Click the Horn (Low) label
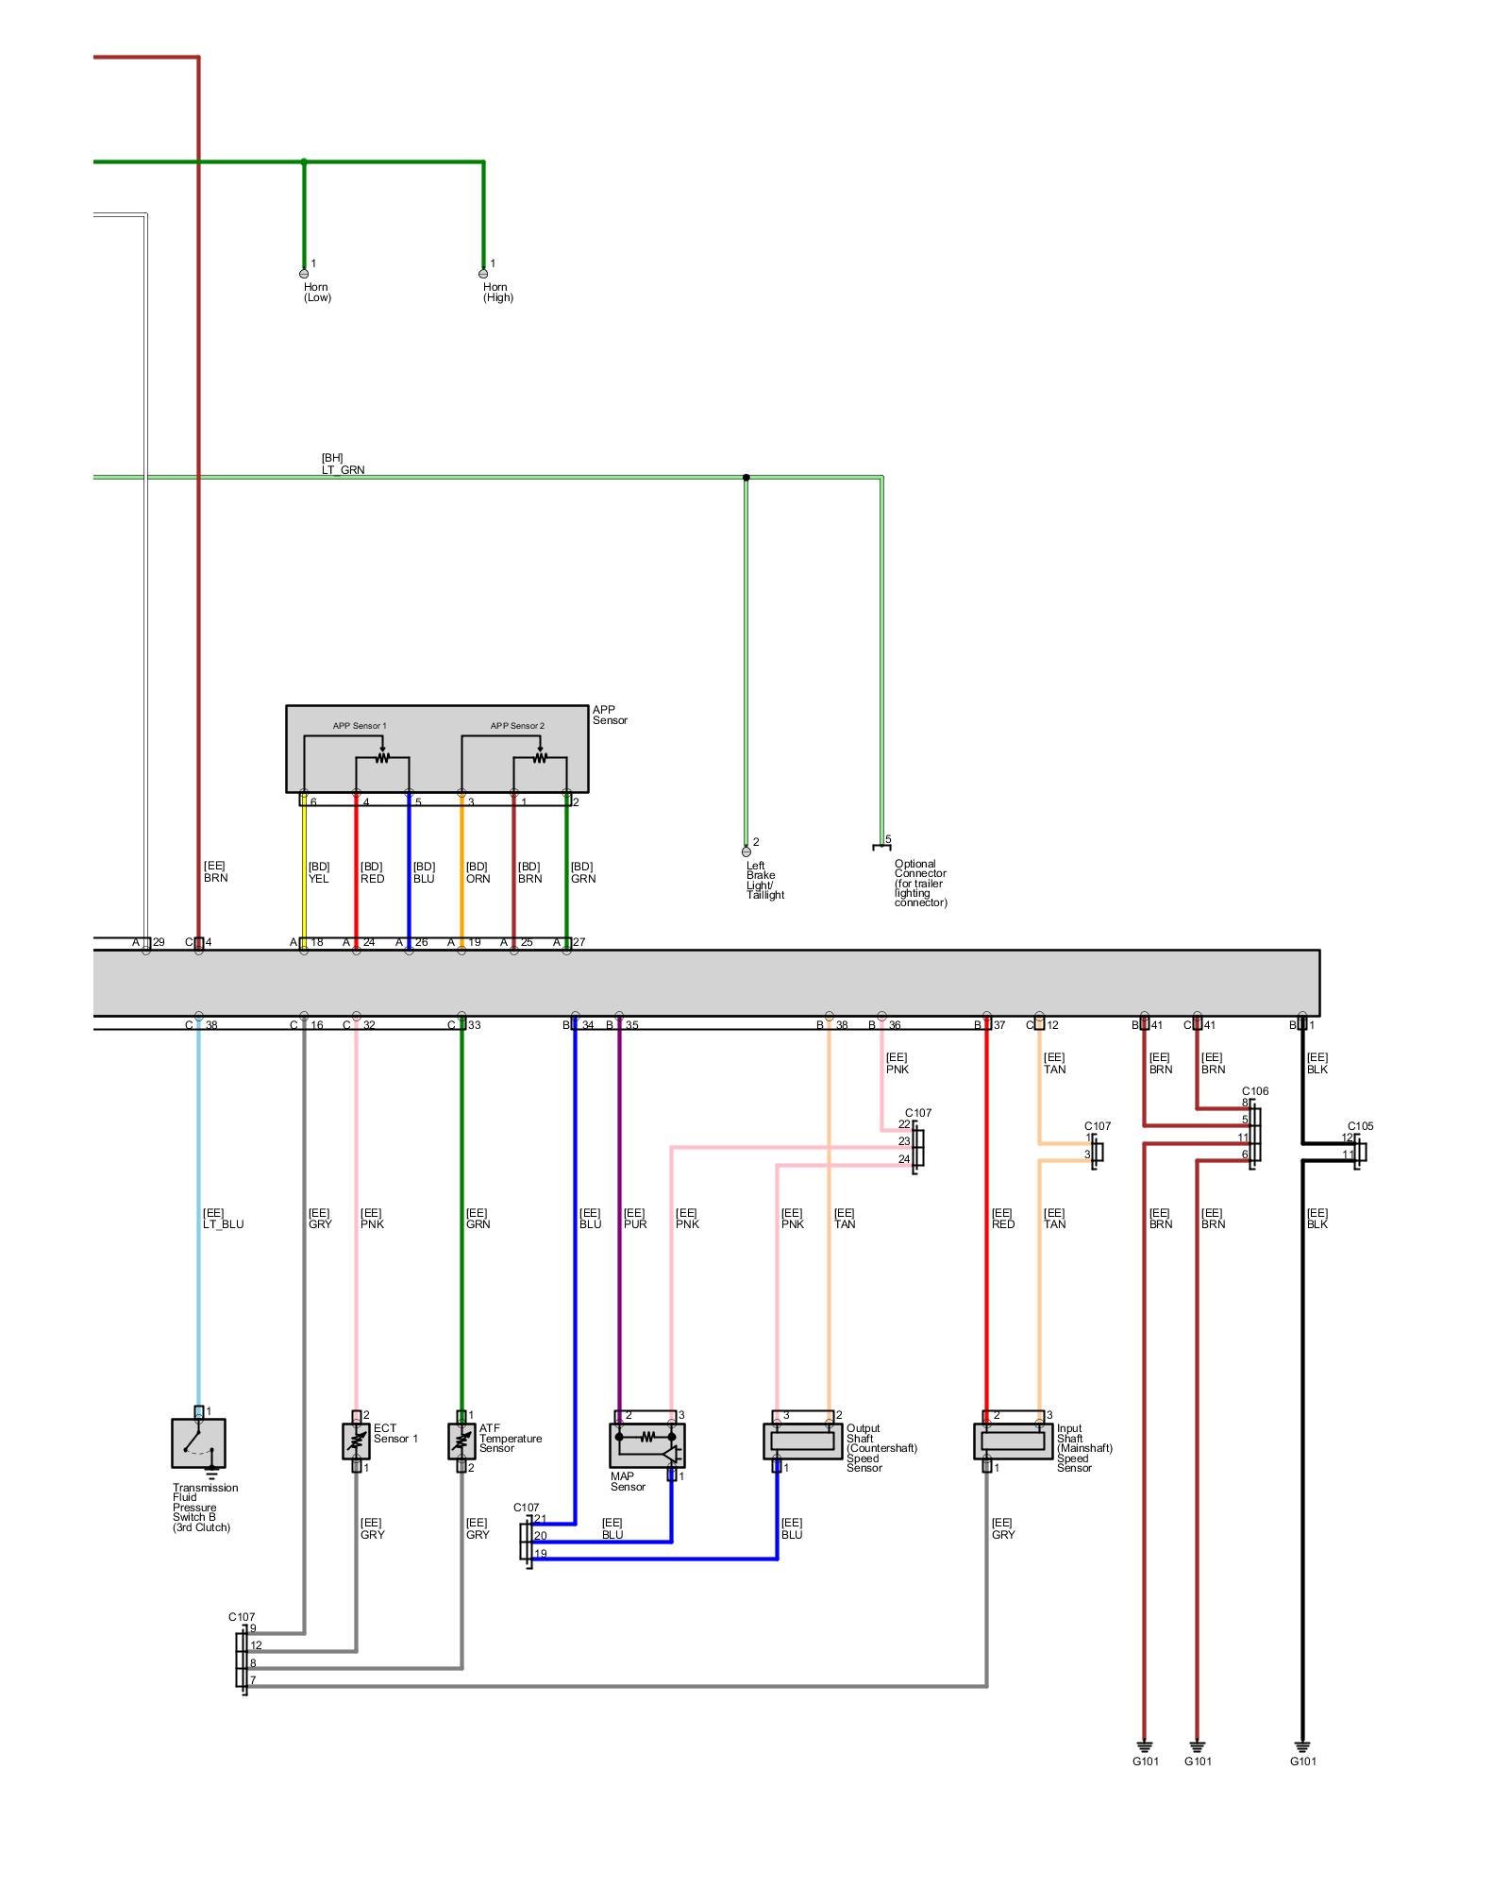pos(317,292)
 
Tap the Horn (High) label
pos(497,292)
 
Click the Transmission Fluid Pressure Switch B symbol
pos(198,1443)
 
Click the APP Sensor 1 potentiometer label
pos(359,726)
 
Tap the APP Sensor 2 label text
pos(517,726)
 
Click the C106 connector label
pos(1254,1091)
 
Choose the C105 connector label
pos(1360,1126)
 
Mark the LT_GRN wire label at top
pos(343,469)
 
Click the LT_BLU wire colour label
pos(223,1224)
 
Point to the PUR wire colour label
pos(635,1224)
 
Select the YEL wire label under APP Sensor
pos(318,879)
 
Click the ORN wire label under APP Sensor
pos(478,879)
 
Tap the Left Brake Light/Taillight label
pos(764,880)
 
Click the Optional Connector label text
pos(920,883)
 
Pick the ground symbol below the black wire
pos(1302,1747)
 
